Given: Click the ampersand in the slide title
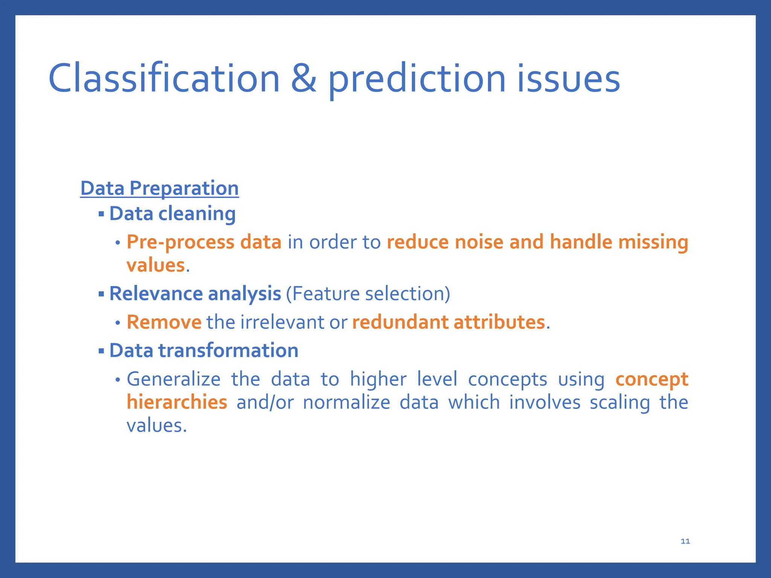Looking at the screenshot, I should tap(303, 78).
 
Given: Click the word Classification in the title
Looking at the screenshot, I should tap(164, 78).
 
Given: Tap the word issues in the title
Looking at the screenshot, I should tap(568, 78).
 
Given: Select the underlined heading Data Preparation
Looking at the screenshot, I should tap(159, 188).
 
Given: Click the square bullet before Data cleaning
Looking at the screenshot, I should tap(101, 214).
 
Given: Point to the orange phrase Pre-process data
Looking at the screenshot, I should tap(204, 242).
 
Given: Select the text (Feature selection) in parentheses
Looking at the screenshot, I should tap(368, 294).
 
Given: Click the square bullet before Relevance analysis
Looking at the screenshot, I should tap(101, 294).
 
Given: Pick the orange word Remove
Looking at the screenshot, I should tap(164, 322).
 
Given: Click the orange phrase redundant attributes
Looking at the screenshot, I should tap(448, 322).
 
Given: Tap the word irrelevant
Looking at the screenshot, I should tap(282, 322).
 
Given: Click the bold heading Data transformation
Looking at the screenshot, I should tap(204, 350).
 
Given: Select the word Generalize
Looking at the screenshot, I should tap(173, 379).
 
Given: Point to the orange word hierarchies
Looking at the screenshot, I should tap(177, 402).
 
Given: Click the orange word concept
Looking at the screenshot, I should tap(652, 379).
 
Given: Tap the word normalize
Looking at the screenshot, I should tap(346, 402).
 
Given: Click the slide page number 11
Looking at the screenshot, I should tap(685, 541).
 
